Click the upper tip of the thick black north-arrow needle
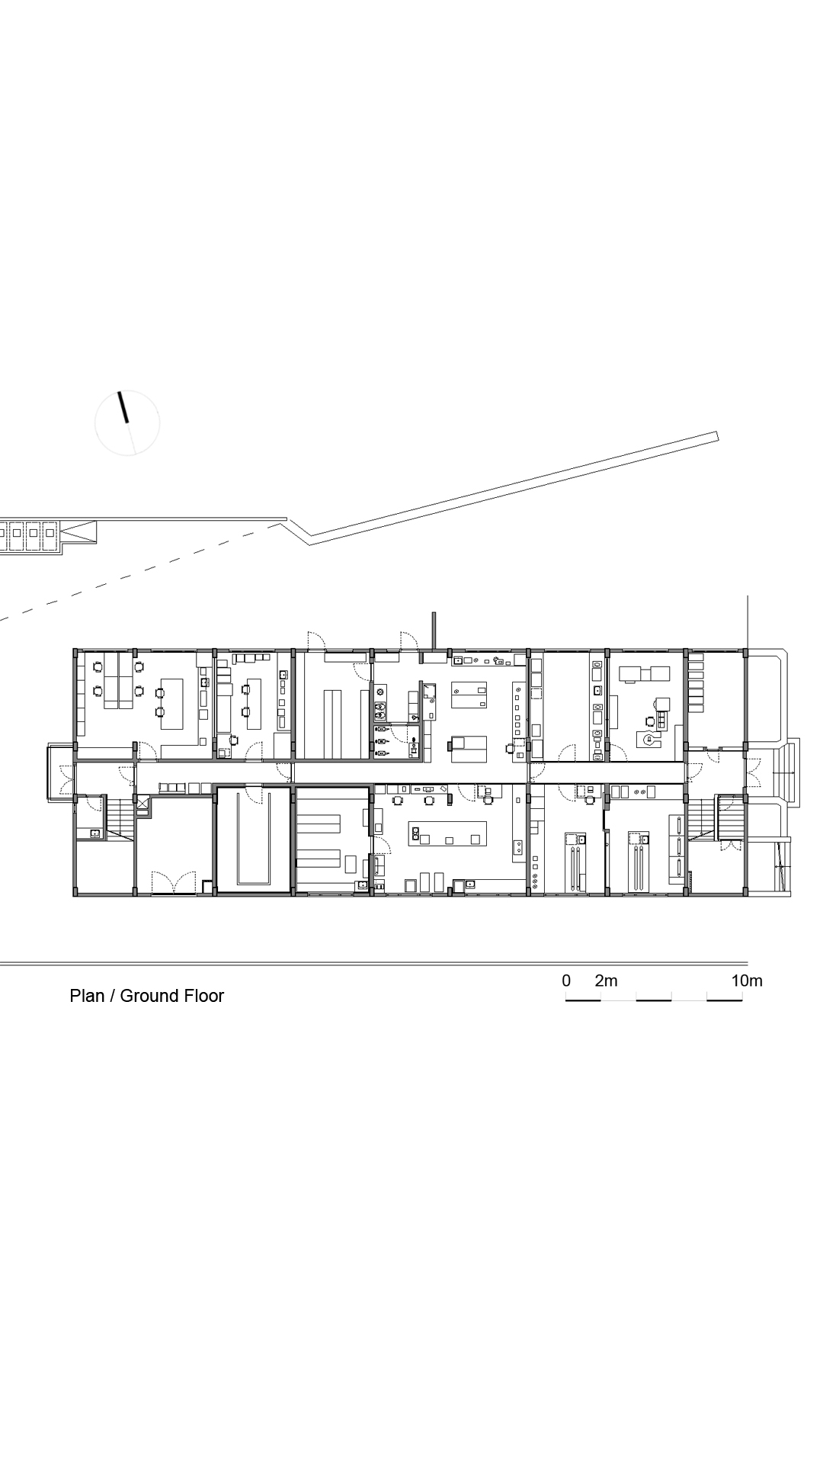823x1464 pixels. [x=118, y=393]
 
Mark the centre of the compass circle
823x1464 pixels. [x=127, y=423]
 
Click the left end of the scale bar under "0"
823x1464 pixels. [x=565, y=1000]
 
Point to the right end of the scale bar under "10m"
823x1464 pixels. [x=743, y=1000]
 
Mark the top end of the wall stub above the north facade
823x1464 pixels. [x=434, y=612]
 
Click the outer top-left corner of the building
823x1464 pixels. [x=73, y=649]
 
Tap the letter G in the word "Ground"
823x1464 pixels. [x=126, y=996]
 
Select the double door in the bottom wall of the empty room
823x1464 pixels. [x=175, y=883]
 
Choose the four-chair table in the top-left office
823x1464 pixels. [x=118, y=680]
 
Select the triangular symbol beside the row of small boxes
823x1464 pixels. [x=79, y=531]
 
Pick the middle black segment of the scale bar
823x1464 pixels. [x=654, y=1000]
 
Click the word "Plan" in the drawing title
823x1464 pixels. [x=87, y=996]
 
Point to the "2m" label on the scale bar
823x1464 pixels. [x=606, y=981]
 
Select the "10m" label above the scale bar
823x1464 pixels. [x=747, y=981]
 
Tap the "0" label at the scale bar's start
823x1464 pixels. [x=566, y=981]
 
